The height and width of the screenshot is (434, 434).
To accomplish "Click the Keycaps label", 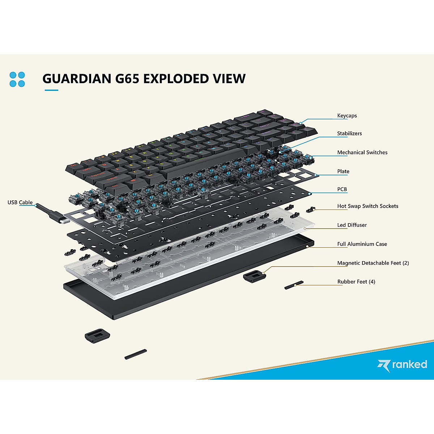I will coord(347,116).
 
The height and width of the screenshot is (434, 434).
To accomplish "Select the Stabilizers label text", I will coord(349,133).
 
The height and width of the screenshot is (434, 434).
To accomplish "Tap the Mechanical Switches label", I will coord(362,153).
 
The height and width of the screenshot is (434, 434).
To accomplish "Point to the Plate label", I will coord(343,171).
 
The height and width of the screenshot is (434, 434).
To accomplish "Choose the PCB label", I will coord(342,189).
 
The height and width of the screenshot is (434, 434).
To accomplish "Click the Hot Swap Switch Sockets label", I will coord(367,206).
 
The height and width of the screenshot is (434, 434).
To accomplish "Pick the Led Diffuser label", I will coord(352,225).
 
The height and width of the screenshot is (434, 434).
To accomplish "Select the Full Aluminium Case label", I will coord(362,244).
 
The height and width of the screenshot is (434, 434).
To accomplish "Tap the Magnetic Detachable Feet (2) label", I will coord(373,263).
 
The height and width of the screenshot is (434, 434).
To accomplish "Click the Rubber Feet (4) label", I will coord(356,282).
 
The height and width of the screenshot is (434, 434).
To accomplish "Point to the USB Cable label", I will coord(20,203).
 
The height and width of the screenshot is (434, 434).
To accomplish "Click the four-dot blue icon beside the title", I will coord(17,80).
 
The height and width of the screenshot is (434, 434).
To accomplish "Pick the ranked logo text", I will coord(409,364).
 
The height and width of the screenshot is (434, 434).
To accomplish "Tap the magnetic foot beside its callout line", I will coord(254,277).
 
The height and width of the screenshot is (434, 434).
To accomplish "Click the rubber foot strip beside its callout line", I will coord(294,285).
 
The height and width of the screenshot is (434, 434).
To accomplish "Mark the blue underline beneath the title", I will coord(51,90).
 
